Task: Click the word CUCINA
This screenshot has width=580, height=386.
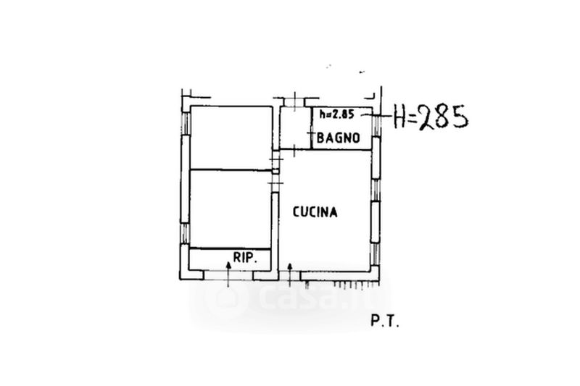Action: point(315,212)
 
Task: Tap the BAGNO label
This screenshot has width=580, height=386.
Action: point(339,138)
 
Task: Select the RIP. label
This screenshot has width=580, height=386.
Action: point(245,257)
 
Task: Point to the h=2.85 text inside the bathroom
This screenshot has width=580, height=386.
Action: point(336,114)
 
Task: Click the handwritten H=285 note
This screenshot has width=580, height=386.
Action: point(431,117)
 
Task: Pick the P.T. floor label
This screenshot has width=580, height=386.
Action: point(385,322)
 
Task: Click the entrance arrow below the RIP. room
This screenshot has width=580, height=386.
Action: point(228,274)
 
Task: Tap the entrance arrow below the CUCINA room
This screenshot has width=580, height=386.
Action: point(290,274)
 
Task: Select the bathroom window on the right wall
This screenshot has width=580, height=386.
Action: point(376,125)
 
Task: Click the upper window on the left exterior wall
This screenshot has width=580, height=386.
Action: point(186,123)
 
